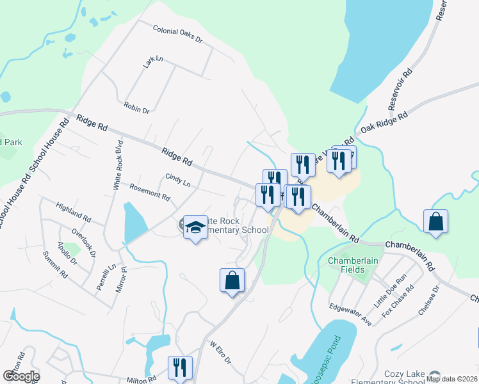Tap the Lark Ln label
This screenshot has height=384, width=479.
[x=154, y=61]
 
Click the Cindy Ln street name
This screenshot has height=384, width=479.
[x=178, y=180]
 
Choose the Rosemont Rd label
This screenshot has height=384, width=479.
[x=149, y=192]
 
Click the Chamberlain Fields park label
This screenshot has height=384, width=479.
[x=353, y=265]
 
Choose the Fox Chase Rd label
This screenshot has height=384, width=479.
[x=398, y=301]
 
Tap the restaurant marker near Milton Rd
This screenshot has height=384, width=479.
[x=180, y=367]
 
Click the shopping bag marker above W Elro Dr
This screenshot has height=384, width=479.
[x=232, y=280]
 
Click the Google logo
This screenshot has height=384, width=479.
[x=22, y=376]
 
